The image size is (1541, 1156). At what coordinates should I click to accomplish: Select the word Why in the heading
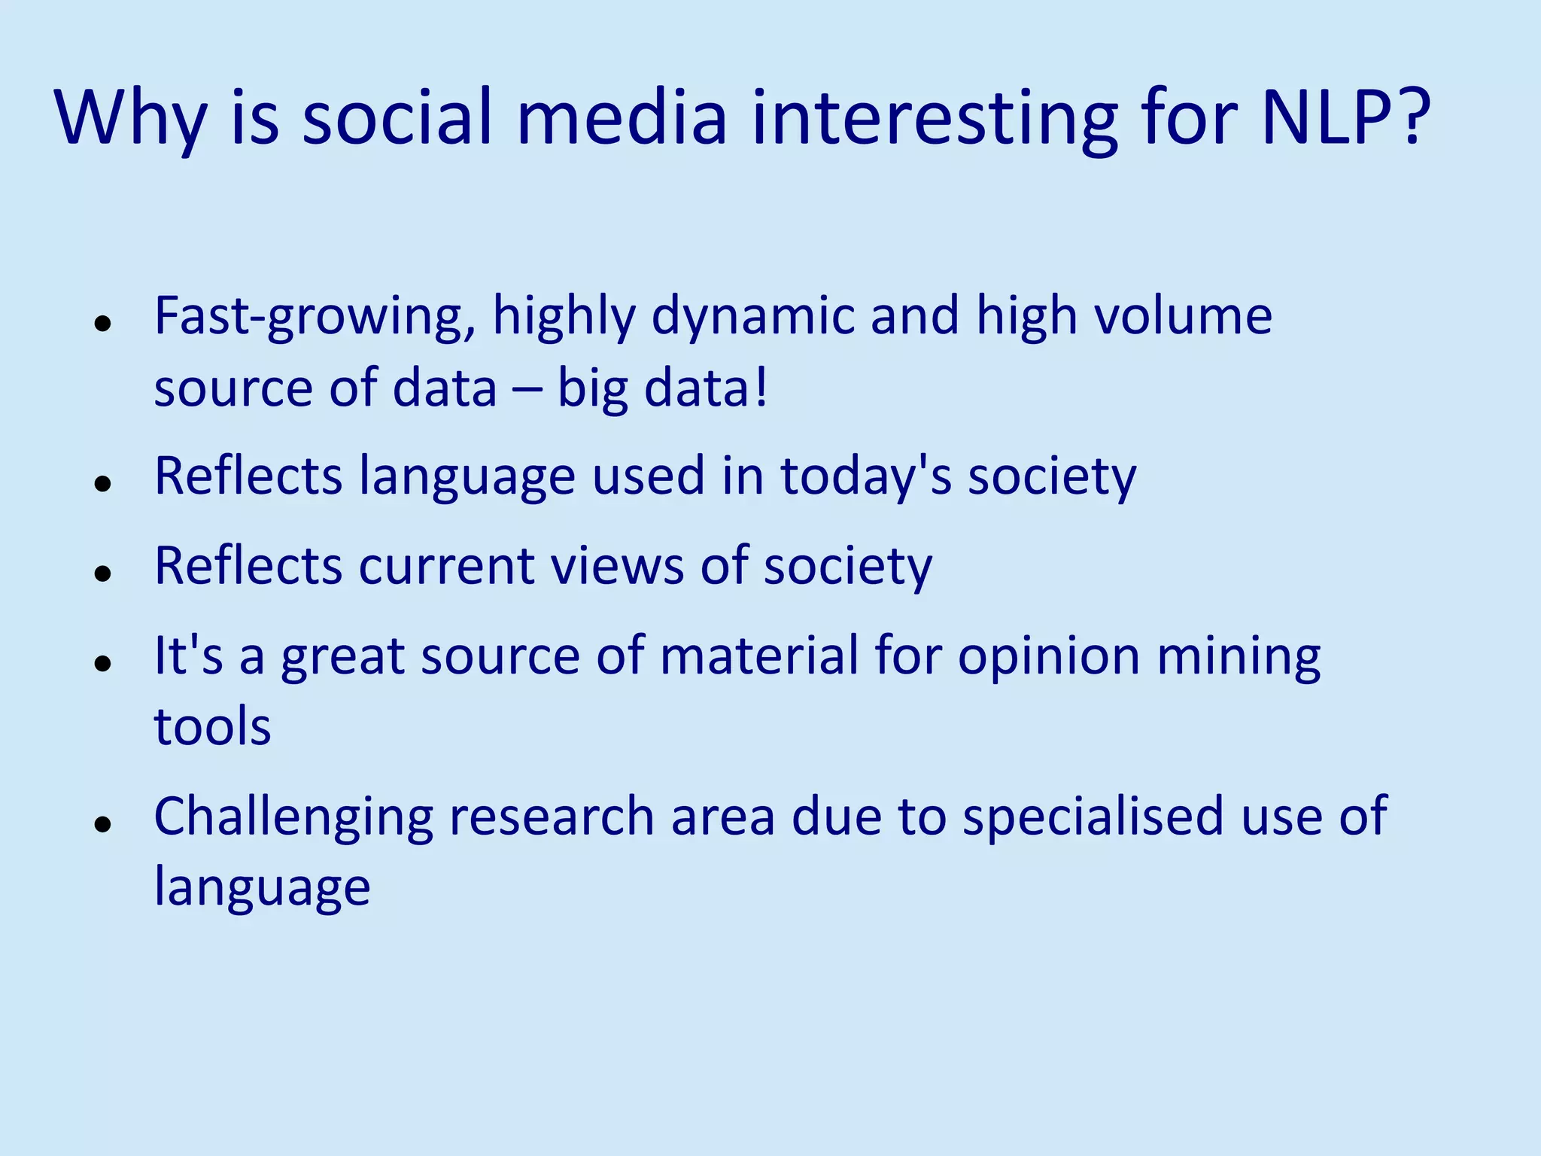pyautogui.click(x=129, y=119)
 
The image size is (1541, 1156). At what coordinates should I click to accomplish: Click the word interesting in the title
pyautogui.click(x=935, y=119)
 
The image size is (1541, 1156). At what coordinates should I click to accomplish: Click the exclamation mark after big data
pyautogui.click(x=761, y=388)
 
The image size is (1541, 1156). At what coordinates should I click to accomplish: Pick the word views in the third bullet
pyautogui.click(x=617, y=566)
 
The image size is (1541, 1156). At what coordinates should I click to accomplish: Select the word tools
pyautogui.click(x=212, y=727)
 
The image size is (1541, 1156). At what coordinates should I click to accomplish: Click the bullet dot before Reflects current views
pyautogui.click(x=103, y=573)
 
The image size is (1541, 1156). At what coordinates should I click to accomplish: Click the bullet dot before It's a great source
pyautogui.click(x=103, y=663)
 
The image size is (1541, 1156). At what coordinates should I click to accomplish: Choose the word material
pyautogui.click(x=759, y=656)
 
